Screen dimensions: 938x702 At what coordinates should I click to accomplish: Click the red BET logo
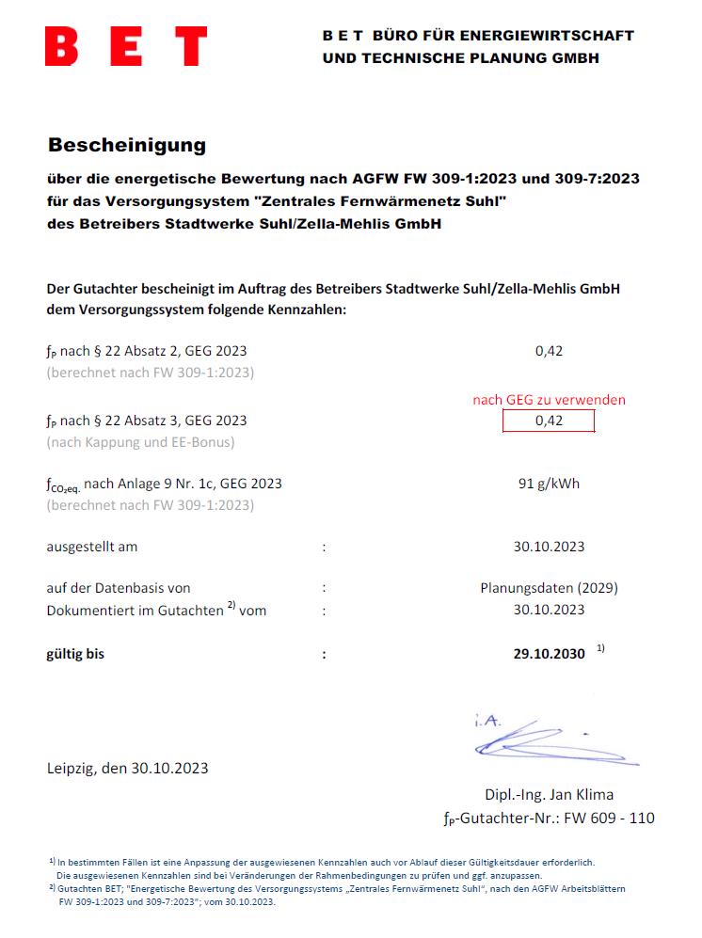[126, 46]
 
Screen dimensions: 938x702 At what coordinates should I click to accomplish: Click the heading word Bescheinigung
[126, 146]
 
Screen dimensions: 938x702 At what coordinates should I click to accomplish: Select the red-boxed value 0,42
[549, 421]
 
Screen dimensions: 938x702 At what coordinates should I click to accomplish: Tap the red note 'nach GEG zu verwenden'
[549, 400]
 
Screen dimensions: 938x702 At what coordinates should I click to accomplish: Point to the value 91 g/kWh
[549, 485]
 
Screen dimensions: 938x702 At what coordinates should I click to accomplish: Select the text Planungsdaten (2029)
[549, 588]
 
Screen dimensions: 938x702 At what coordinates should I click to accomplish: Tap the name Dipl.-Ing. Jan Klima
[549, 795]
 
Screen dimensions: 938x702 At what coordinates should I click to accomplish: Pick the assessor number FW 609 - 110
[608, 818]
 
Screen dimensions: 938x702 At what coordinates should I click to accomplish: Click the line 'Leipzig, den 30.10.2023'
[128, 768]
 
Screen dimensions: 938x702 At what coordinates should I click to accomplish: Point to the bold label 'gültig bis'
[75, 654]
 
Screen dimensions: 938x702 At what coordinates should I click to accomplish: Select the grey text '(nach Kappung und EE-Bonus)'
[140, 441]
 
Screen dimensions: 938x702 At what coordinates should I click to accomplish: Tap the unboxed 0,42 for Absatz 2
[549, 351]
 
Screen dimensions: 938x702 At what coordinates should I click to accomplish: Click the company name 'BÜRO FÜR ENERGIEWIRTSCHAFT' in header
[503, 36]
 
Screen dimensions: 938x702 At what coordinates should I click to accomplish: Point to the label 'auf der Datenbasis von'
[119, 588]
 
